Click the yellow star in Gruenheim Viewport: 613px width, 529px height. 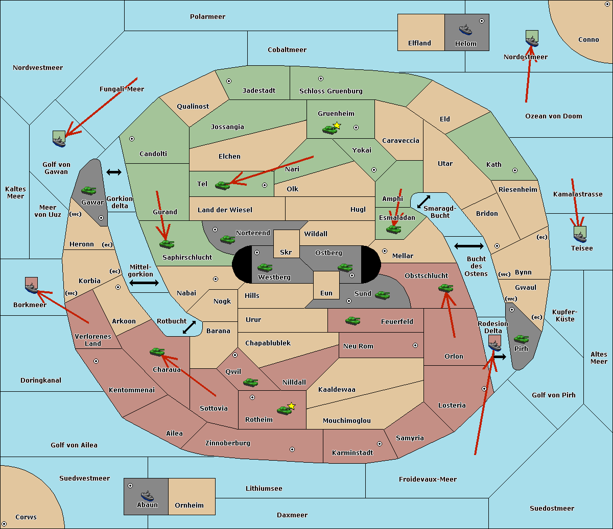[x=337, y=125]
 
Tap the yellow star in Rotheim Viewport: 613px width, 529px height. [x=292, y=406]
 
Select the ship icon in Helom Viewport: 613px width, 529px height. [x=465, y=30]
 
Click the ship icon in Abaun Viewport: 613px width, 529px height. [x=147, y=495]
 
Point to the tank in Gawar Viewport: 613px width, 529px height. [x=89, y=190]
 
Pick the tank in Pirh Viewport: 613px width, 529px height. [x=522, y=339]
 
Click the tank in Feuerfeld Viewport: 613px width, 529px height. [x=352, y=321]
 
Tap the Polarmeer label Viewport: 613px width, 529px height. [x=207, y=17]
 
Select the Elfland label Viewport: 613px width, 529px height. [x=419, y=43]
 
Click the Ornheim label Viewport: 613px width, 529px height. [x=189, y=506]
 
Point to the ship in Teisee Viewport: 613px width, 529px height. [x=580, y=234]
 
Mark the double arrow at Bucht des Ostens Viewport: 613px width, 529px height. [x=468, y=246]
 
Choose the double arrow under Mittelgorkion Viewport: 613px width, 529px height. [x=144, y=283]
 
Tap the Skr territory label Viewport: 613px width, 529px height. [x=286, y=252]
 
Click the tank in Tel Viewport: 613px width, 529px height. [x=222, y=185]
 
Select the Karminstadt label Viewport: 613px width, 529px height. [x=352, y=453]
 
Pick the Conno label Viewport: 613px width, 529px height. [x=588, y=40]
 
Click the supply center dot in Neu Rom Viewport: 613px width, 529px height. [x=415, y=345]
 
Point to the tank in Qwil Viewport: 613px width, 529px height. [x=250, y=382]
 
